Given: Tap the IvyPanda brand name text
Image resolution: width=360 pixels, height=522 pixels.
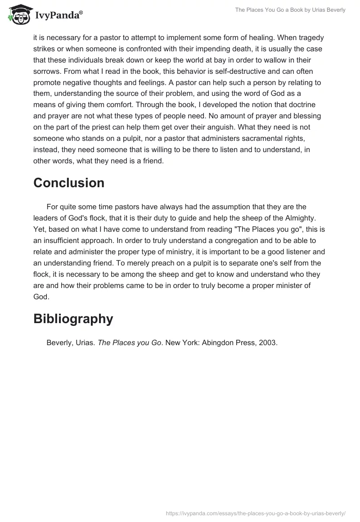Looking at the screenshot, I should click(58, 16).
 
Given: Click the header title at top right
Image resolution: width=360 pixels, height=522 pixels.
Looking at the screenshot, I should click(290, 10).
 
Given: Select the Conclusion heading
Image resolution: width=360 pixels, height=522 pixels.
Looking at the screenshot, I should click(69, 183).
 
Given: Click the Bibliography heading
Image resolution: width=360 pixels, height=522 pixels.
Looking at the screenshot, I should click(73, 319).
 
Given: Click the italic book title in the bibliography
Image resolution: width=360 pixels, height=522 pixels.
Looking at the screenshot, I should click(129, 343).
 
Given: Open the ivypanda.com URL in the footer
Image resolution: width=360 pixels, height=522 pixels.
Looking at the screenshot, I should click(255, 513).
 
